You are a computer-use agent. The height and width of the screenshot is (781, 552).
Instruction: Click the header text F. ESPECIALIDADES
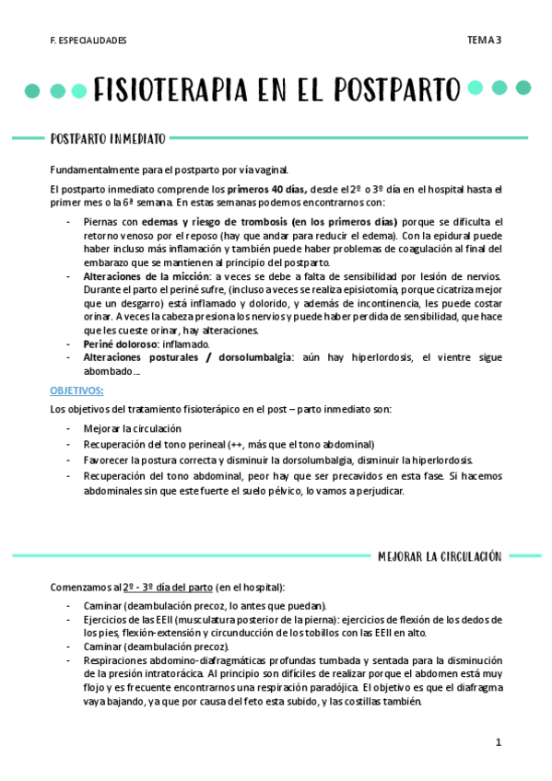[88, 41]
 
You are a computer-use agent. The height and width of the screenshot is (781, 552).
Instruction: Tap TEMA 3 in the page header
[483, 40]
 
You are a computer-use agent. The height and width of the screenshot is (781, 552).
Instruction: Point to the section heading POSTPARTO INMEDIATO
[108, 139]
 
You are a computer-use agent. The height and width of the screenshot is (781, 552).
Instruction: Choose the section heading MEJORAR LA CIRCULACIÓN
[440, 556]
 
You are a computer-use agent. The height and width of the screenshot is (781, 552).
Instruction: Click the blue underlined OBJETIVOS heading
[76, 390]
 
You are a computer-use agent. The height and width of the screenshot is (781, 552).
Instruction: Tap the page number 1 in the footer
[498, 742]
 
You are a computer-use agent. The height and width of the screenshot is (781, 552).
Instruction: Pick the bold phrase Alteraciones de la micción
[147, 276]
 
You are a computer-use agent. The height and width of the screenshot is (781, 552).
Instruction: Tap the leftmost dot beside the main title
[32, 90]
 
